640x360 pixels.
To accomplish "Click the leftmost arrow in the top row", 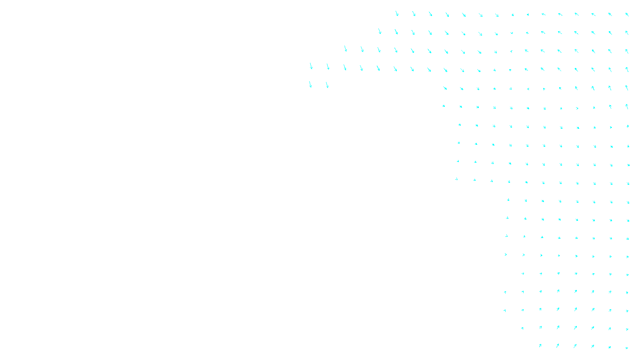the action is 397,14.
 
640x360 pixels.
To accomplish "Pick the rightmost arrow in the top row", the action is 627,14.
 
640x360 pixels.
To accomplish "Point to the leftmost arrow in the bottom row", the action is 540,346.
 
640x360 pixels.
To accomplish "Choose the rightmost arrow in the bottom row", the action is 627,348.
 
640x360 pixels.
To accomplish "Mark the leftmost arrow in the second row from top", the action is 380,31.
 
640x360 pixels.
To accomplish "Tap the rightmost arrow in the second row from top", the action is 627,33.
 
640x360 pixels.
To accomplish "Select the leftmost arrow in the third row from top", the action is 346,49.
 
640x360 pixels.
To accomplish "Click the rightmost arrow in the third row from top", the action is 627,51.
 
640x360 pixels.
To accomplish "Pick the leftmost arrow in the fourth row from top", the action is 311,66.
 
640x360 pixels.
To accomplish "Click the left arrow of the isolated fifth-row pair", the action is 310,84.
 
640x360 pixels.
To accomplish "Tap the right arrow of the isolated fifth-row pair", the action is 327,85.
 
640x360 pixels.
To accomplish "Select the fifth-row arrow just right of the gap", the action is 445,88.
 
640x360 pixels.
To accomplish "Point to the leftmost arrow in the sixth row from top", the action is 444,106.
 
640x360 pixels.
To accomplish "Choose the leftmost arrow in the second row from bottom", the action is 522,328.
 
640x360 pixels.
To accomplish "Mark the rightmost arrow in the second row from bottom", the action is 627,330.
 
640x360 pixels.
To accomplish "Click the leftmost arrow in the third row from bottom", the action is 505,310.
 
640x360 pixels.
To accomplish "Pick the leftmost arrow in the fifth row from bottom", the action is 523,274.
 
